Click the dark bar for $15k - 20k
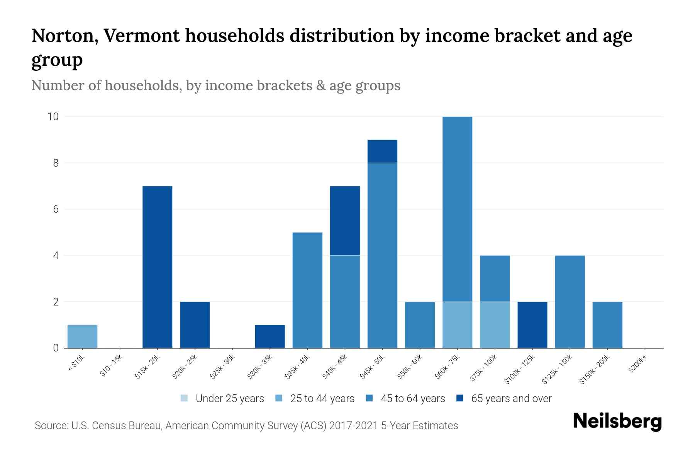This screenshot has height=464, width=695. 157,267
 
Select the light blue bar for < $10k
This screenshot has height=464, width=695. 82,336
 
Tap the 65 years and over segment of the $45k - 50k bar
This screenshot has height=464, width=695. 382,151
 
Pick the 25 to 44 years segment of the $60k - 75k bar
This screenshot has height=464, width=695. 457,325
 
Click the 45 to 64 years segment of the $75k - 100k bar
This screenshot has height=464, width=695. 495,278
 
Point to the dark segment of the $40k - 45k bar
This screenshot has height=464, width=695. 345,220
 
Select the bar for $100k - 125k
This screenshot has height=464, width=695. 532,325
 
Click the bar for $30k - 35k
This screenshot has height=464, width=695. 270,336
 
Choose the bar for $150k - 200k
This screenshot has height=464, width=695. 607,325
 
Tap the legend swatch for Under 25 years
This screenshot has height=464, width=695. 184,398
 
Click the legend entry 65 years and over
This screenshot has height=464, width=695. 511,399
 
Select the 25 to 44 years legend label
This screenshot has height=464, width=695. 322,399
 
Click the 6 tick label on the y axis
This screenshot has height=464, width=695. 56,209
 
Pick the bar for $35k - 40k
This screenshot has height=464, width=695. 307,290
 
